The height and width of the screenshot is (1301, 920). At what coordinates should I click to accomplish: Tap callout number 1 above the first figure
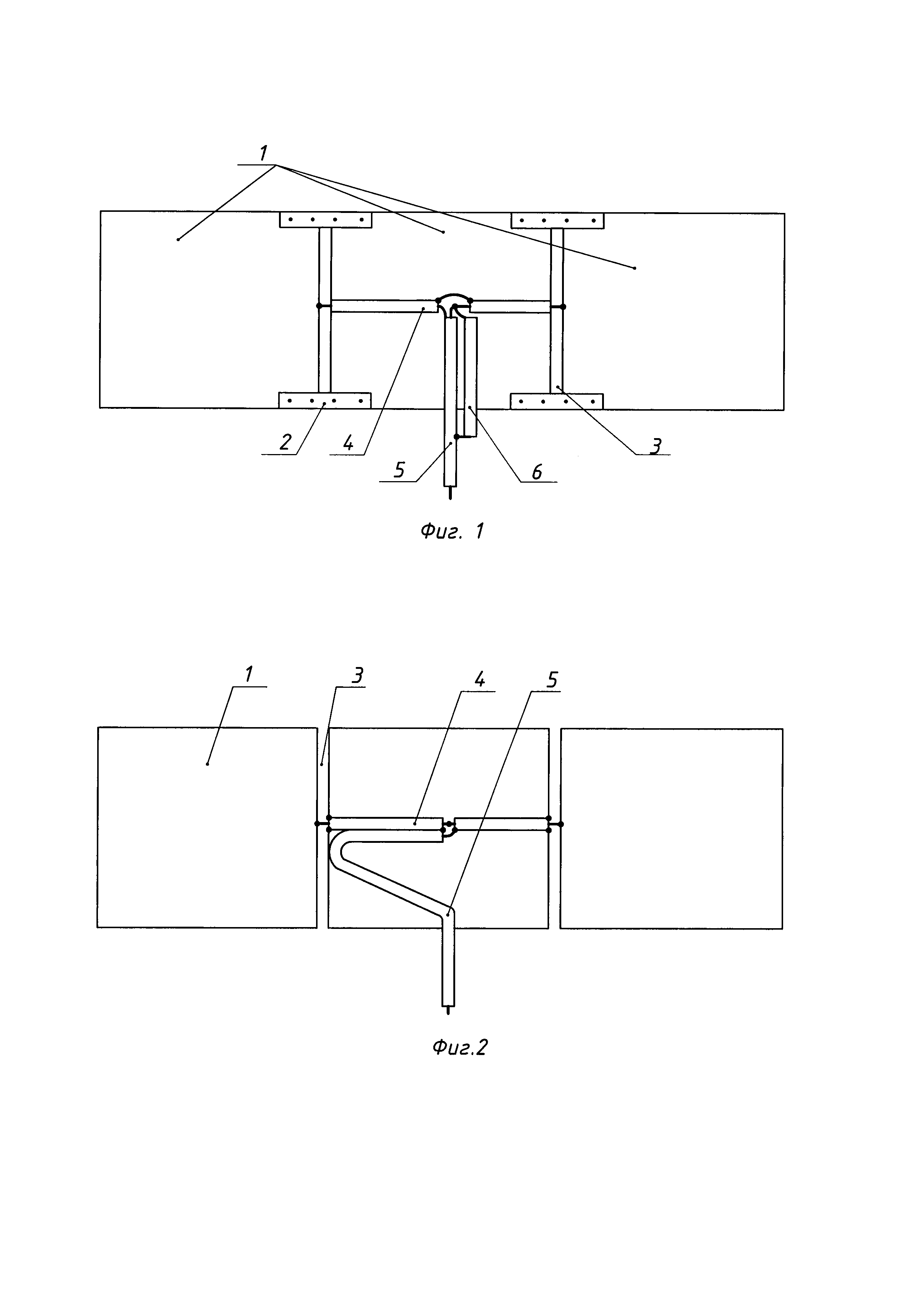263,152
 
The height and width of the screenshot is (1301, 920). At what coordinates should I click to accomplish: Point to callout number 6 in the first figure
536,471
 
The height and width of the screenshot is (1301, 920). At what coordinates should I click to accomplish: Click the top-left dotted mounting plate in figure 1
326,220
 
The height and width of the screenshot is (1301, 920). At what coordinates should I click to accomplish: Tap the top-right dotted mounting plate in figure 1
557,220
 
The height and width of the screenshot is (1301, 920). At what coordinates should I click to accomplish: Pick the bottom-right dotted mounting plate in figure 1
556,401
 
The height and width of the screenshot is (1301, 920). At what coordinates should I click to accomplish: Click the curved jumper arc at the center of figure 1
454,296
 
